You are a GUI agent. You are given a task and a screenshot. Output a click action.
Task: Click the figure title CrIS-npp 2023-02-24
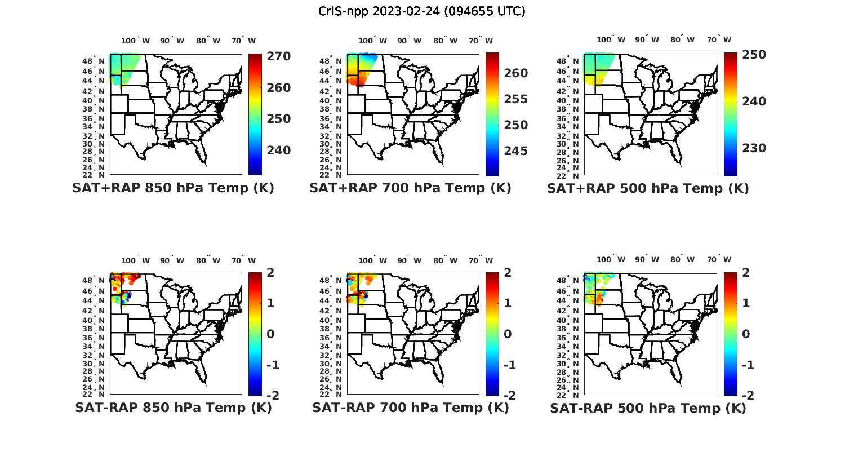(422, 11)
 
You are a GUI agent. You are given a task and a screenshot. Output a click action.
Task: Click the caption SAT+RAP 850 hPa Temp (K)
(173, 188)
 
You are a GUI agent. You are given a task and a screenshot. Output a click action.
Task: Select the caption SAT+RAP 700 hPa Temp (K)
(410, 188)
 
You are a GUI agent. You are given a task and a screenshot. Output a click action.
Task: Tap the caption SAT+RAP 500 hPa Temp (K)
(648, 188)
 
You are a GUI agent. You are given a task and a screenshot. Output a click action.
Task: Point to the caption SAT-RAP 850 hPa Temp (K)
(173, 408)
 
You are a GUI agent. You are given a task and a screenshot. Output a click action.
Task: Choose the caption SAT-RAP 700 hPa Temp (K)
(410, 408)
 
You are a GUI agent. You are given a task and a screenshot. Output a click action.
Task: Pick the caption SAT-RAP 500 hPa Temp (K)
(648, 408)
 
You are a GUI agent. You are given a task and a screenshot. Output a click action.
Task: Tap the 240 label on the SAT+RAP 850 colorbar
(279, 150)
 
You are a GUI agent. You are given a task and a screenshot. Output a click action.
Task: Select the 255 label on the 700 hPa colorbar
(516, 99)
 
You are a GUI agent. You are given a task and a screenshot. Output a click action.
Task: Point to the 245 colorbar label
(516, 151)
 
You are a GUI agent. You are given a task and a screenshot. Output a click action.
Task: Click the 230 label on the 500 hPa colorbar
(754, 148)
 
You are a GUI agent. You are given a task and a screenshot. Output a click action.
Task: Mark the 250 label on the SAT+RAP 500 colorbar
(754, 55)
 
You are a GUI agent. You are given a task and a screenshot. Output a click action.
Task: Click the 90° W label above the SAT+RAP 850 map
(172, 41)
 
